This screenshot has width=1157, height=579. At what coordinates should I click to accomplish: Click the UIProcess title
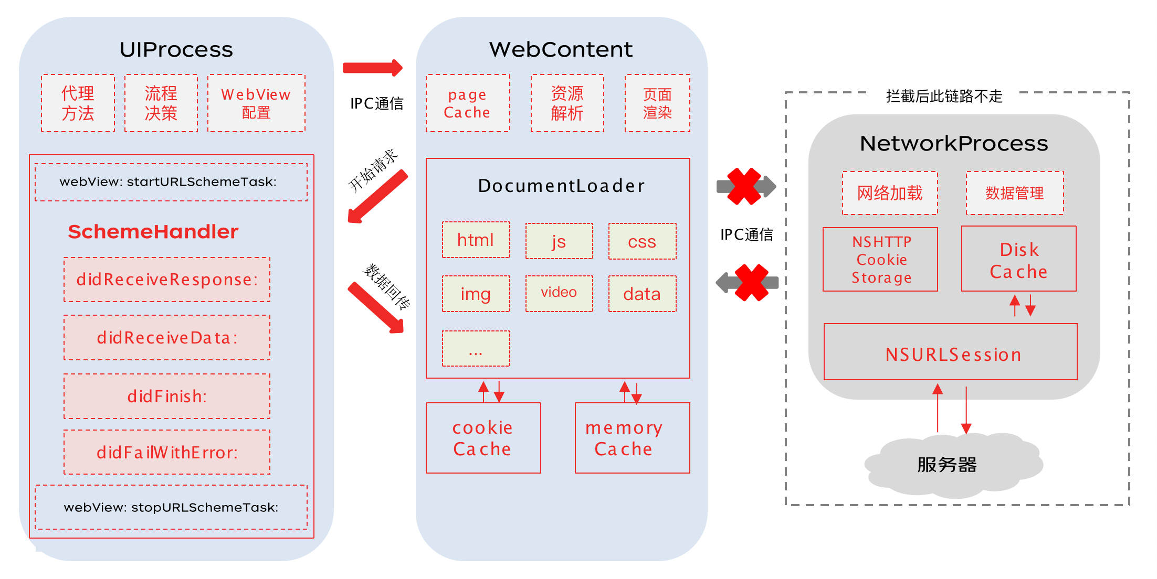(x=176, y=50)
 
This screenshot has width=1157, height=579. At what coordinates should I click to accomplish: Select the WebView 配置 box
(x=256, y=103)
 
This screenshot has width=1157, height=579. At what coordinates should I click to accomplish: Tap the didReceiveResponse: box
(x=167, y=280)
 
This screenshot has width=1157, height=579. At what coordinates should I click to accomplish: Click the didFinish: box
(x=167, y=396)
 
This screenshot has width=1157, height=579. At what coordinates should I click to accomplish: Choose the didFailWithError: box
(x=167, y=452)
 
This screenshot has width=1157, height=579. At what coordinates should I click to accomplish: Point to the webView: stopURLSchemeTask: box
(x=171, y=507)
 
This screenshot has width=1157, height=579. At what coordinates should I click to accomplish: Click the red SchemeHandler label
(x=153, y=232)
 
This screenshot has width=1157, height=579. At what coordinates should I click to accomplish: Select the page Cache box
(x=468, y=103)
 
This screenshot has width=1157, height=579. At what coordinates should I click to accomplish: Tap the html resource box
(x=476, y=240)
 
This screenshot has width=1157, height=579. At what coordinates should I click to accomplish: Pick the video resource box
(x=559, y=293)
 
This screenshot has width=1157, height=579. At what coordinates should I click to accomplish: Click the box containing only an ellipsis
(x=476, y=348)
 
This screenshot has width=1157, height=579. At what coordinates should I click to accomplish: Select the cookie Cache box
(x=483, y=438)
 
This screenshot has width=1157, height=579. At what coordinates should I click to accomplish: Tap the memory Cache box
(x=633, y=438)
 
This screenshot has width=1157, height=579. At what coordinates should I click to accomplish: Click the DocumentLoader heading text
(x=561, y=186)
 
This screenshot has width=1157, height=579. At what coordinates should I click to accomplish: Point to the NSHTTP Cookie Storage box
(x=880, y=259)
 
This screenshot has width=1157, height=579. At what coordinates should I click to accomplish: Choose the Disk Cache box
(x=1019, y=259)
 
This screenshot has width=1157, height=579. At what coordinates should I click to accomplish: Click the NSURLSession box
(x=951, y=351)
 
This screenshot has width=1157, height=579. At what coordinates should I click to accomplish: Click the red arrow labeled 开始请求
(x=377, y=197)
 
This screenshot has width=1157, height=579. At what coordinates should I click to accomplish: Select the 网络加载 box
(x=890, y=193)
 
